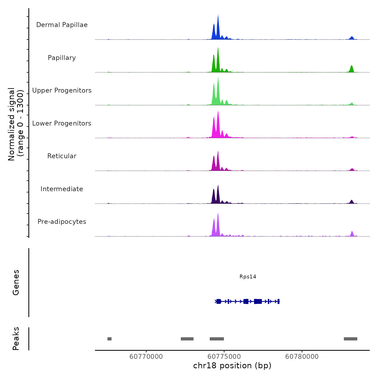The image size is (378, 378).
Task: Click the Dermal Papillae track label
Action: (x=62, y=25)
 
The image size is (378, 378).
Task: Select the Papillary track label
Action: (x=62, y=58)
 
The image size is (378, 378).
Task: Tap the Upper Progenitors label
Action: (x=62, y=90)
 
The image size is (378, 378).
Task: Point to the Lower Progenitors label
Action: (x=62, y=123)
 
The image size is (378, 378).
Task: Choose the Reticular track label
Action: (x=62, y=156)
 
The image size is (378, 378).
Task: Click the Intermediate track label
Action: (x=62, y=189)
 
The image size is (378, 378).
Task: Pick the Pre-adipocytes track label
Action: (x=62, y=222)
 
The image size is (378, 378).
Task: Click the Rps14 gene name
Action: (x=248, y=276)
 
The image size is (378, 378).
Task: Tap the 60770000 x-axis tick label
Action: (x=146, y=356)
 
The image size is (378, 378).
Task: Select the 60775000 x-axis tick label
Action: (x=224, y=356)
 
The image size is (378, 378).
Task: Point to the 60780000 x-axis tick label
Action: (x=302, y=356)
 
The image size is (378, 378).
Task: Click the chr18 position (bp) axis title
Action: (x=232, y=366)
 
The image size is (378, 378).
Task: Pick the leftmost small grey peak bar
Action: (x=109, y=339)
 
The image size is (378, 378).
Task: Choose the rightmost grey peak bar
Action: (x=350, y=339)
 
